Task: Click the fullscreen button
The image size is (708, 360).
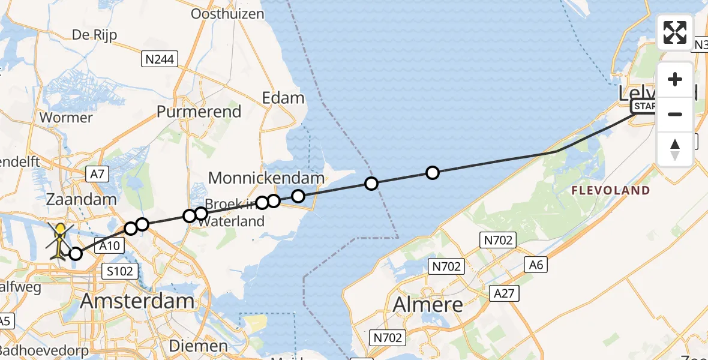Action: pos(675,32)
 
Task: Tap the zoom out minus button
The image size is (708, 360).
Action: pos(675,114)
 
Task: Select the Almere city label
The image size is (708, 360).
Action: pos(428,304)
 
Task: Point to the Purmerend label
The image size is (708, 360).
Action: pos(199,111)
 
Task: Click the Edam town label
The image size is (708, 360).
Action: pos(283,98)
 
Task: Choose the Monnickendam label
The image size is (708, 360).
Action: pos(266,178)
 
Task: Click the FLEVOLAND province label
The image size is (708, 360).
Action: pos(611,191)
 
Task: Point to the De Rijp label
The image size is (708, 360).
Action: pos(94,35)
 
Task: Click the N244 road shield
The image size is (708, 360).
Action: pos(158,59)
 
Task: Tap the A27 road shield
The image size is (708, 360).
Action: pos(503,293)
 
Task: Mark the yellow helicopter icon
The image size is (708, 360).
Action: pos(59,241)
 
